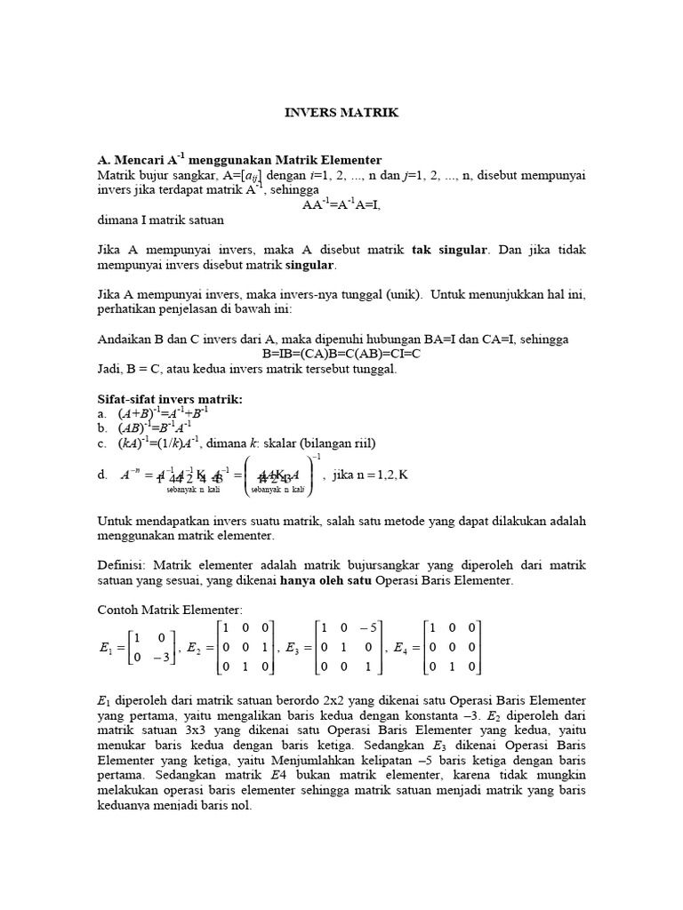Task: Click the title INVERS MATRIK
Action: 341,113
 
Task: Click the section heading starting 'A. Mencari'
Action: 239,159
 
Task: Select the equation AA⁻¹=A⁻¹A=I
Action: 341,204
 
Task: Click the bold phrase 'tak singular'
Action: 451,250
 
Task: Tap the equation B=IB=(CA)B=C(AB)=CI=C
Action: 341,354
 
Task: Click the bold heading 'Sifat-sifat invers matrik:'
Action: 169,398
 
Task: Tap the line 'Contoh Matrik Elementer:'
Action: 169,611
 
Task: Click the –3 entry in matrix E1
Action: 162,658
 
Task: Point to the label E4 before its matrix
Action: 402,649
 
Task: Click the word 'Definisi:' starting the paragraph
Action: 123,565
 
